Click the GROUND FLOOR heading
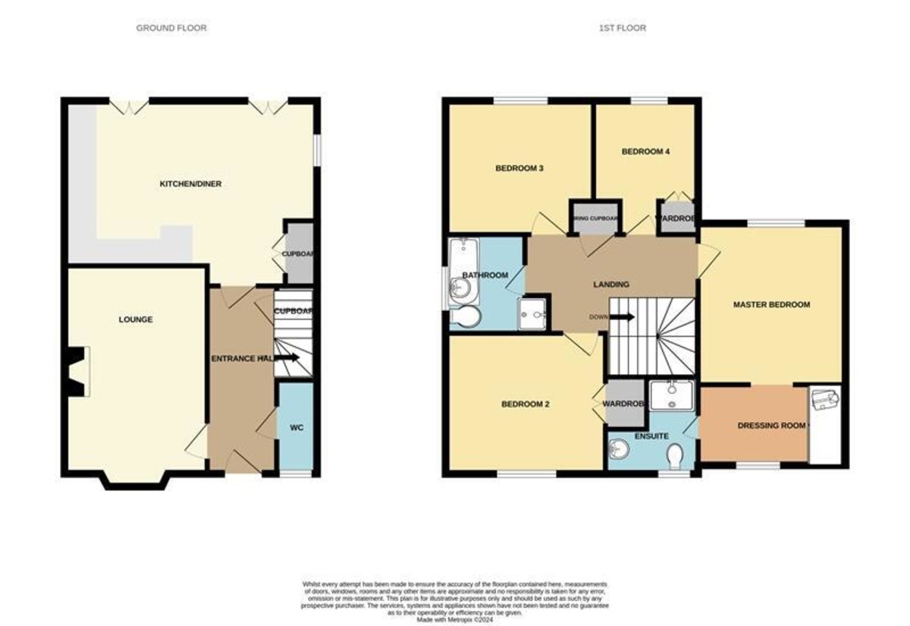point(171,28)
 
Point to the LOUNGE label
point(136,319)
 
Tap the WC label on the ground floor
point(297,428)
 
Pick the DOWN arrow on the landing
point(623,317)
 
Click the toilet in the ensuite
point(676,457)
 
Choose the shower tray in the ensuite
point(670,395)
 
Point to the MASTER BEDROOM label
point(771,305)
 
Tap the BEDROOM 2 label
point(526,404)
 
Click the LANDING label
point(611,285)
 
